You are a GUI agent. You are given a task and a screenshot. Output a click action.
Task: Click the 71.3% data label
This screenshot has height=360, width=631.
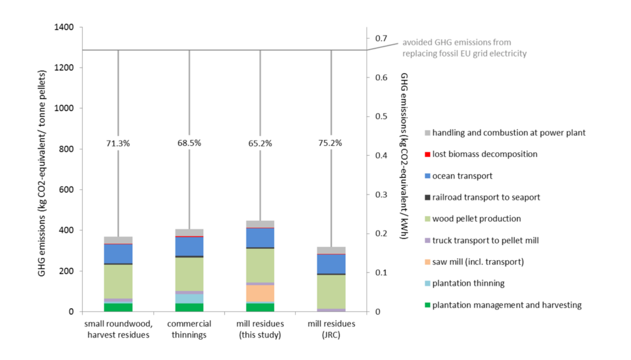coord(118,143)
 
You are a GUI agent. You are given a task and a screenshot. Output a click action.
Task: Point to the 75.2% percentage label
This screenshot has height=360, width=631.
coord(330,143)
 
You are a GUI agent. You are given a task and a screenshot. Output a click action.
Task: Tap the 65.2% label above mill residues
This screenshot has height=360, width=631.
coord(260,143)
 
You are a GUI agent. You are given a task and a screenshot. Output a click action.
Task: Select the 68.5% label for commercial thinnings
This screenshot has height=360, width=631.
coord(189,143)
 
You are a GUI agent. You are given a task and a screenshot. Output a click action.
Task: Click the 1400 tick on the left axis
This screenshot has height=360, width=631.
coord(64,27)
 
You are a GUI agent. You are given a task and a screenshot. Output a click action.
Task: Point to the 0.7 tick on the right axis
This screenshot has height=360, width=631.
coord(381,38)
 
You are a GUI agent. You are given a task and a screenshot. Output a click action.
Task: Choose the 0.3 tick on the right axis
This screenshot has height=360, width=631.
coord(381,194)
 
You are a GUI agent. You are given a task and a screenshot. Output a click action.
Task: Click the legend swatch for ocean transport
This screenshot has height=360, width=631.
coord(427,176)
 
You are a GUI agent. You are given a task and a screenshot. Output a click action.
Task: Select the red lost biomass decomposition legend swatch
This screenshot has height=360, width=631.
coord(427,154)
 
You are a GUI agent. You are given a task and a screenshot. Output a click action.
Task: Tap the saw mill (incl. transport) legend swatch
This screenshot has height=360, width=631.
coord(427,262)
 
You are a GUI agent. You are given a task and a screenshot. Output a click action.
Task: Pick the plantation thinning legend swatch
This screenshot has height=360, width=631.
coord(427,283)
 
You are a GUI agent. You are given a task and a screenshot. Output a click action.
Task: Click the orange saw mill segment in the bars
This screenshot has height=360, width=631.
coord(260,293)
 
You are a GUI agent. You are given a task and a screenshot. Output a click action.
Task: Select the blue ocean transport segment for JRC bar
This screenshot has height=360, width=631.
coord(331,264)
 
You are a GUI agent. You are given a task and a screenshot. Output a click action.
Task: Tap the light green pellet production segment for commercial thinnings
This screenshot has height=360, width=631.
coord(189,274)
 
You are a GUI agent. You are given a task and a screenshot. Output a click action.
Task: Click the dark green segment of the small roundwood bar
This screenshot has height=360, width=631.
coord(118,307)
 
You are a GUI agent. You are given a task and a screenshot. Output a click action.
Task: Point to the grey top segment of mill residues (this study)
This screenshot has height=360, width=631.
coord(260,224)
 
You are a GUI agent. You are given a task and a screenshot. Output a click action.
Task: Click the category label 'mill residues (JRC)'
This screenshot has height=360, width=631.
coord(331,329)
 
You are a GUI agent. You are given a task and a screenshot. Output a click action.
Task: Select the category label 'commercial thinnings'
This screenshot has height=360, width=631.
coord(189,329)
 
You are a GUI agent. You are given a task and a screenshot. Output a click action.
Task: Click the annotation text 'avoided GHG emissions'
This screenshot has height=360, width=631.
coord(457,42)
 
